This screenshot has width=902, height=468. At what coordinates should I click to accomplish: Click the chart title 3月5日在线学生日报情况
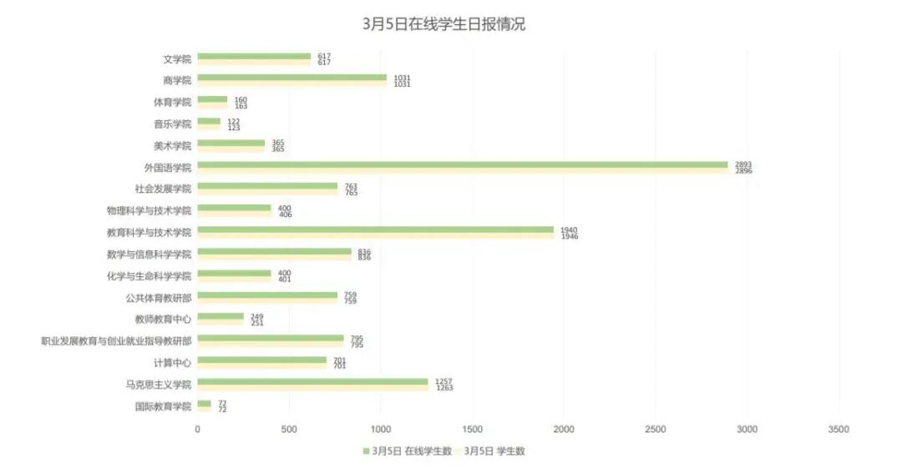(x=443, y=25)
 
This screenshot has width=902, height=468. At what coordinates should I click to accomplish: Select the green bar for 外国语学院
(x=463, y=164)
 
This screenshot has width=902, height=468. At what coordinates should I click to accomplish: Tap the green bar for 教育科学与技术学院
(x=376, y=229)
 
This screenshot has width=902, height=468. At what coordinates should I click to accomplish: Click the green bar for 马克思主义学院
(x=313, y=381)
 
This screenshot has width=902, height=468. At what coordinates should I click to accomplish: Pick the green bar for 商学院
(x=292, y=78)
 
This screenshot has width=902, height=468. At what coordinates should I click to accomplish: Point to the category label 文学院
(x=177, y=59)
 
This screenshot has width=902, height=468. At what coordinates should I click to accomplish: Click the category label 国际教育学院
(x=164, y=406)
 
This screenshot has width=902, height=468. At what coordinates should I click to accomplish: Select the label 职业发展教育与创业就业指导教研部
(x=116, y=341)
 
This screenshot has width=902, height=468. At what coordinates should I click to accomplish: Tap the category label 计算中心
(x=173, y=363)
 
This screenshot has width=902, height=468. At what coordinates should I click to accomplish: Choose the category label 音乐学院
(x=173, y=124)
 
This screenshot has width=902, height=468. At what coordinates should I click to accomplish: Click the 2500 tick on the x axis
(x=656, y=430)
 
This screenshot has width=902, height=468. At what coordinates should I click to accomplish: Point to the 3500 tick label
(x=839, y=430)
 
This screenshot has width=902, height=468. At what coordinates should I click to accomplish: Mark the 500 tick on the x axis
(x=289, y=430)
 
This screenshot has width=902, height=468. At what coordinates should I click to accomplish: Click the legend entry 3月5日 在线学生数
(x=408, y=451)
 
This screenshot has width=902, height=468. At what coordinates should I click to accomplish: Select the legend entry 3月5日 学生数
(x=494, y=451)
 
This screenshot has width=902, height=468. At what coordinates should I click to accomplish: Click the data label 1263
(x=444, y=388)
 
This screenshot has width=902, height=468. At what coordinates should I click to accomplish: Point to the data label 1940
(x=569, y=229)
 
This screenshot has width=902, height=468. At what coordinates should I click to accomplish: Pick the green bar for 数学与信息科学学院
(x=275, y=251)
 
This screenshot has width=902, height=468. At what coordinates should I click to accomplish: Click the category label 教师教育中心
(x=164, y=320)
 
